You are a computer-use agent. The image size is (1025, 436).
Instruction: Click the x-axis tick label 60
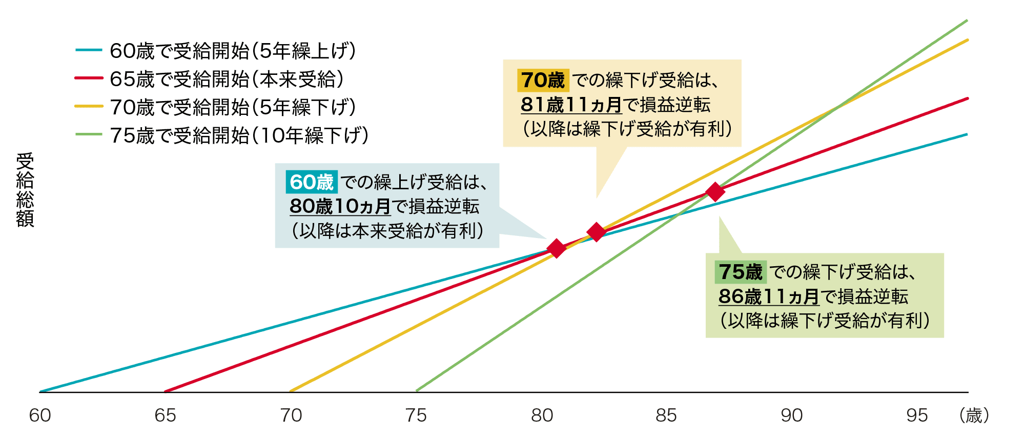(40, 415)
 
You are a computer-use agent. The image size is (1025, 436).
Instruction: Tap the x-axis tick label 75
(416, 415)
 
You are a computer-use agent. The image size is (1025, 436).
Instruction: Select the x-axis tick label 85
(666, 415)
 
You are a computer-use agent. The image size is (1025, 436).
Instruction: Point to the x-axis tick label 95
(917, 415)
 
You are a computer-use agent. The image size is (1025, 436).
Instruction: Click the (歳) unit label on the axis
(974, 415)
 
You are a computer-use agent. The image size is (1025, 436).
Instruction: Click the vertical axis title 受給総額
(25, 190)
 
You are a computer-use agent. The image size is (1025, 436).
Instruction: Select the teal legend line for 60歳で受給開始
(89, 50)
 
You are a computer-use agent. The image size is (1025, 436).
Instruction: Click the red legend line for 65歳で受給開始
(89, 78)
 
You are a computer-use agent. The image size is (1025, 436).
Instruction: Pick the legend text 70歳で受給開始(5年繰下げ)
(233, 107)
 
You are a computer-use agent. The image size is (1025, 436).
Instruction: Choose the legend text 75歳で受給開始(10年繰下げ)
(239, 135)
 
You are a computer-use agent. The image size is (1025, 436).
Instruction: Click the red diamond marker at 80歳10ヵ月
(556, 248)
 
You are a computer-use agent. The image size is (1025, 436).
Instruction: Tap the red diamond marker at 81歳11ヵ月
(596, 232)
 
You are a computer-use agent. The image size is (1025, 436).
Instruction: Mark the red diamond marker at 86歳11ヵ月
(715, 192)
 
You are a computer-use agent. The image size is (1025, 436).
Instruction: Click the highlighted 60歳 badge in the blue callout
(312, 182)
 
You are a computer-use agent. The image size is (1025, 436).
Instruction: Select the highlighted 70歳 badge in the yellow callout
(543, 81)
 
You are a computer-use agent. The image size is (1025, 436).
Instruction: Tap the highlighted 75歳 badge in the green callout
(741, 272)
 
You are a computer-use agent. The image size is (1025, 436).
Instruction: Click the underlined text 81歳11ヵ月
(571, 105)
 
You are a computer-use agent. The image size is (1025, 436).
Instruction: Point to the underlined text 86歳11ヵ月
(769, 296)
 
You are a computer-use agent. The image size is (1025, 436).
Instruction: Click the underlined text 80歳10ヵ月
(340, 207)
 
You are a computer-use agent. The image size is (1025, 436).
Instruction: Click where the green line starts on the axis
(417, 391)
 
